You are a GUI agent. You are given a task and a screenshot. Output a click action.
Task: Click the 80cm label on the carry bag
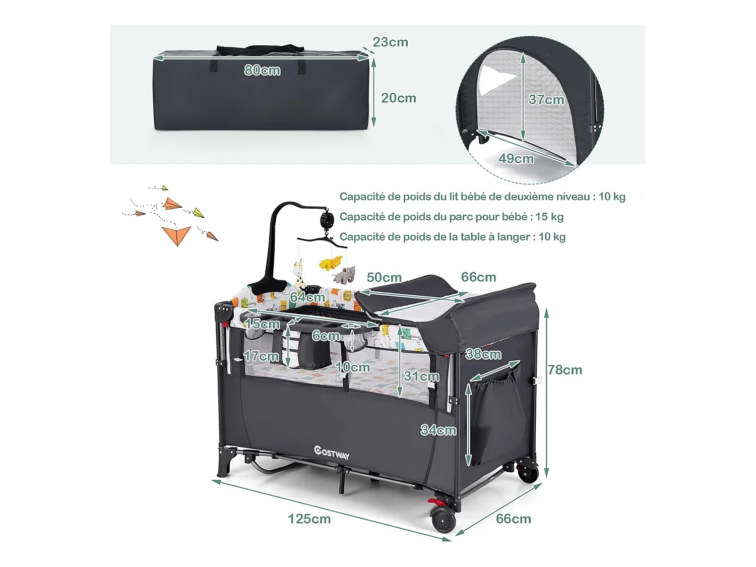pyautogui.click(x=262, y=70)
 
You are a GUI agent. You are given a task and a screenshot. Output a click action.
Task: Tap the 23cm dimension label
pyautogui.click(x=391, y=42)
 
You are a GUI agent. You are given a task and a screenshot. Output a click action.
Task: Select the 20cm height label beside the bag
pyautogui.click(x=399, y=98)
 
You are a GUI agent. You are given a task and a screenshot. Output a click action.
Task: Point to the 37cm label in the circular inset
pyautogui.click(x=546, y=100)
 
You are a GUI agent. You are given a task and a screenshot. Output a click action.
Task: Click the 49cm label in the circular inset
pyautogui.click(x=516, y=159)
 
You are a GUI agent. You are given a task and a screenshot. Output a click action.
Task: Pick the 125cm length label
pyautogui.click(x=309, y=519)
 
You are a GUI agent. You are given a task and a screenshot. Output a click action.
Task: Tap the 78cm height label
pyautogui.click(x=565, y=370)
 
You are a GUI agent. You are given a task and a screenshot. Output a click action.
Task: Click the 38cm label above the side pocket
pyautogui.click(x=483, y=354)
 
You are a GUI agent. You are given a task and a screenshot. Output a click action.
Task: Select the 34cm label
pyautogui.click(x=438, y=430)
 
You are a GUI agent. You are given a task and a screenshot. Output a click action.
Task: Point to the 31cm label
pyautogui.click(x=421, y=376)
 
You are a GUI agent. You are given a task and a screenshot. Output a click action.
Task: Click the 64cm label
pyautogui.click(x=307, y=297)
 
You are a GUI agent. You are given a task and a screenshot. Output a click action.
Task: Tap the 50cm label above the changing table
pyautogui.click(x=384, y=278)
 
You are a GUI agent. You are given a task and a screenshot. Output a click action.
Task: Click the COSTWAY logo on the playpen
pyautogui.click(x=332, y=453)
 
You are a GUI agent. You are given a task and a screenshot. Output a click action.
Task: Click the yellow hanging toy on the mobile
pyautogui.click(x=331, y=263)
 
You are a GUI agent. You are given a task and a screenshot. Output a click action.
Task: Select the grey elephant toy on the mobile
pyautogui.click(x=345, y=275)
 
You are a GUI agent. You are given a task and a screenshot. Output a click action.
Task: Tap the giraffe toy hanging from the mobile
pyautogui.click(x=300, y=272)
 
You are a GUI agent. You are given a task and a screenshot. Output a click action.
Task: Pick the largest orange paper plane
pyautogui.click(x=177, y=234)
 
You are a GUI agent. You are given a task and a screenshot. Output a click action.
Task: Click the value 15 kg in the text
pyautogui.click(x=549, y=217)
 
